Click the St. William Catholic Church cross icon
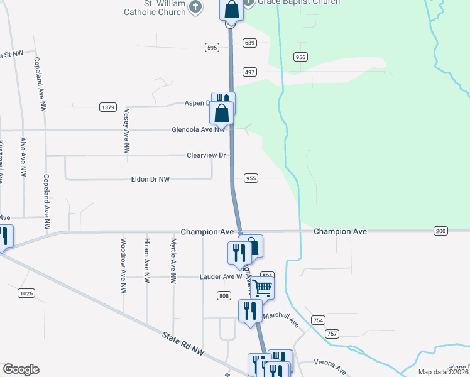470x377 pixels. (x=195, y=7)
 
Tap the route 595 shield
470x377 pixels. (x=211, y=47)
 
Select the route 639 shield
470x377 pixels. (x=250, y=43)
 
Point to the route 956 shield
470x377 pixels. (x=300, y=57)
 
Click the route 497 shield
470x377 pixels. (x=250, y=72)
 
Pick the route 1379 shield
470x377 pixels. (x=108, y=107)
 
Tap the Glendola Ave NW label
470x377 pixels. (x=199, y=130)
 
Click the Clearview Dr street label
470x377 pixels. (x=207, y=155)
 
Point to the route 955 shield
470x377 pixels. (x=251, y=178)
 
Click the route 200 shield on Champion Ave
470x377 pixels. (x=440, y=232)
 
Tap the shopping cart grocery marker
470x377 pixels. (x=263, y=288)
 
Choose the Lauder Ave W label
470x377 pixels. (x=221, y=276)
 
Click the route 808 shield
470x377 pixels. (x=224, y=295)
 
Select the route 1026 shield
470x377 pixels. (x=26, y=293)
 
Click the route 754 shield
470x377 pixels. (x=317, y=320)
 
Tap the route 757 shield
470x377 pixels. (x=332, y=333)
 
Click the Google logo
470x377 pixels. (x=21, y=369)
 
